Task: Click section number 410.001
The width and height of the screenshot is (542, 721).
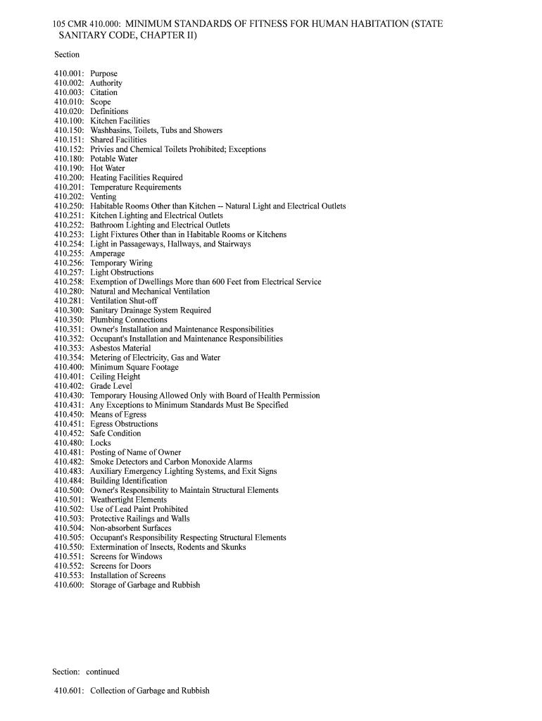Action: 69,74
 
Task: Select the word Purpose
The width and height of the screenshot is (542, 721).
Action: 103,74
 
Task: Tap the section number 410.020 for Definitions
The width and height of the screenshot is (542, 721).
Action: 69,112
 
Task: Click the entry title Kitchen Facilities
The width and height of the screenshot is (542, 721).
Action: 120,121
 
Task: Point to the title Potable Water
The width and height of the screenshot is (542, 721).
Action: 114,159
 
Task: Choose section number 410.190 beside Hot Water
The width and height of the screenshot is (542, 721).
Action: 69,168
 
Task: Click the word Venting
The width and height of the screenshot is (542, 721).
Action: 103,197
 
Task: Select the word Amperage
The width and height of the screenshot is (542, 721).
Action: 107,253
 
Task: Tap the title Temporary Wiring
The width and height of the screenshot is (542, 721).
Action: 121,263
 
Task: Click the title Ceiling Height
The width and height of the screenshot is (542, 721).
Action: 115,377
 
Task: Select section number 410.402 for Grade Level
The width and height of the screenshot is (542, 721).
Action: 69,387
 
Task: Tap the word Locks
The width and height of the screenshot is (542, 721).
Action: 101,443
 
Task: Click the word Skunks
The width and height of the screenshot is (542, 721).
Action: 234,547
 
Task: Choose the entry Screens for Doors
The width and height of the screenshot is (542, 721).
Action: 120,566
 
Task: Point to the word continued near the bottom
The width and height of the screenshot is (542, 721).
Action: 103,672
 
